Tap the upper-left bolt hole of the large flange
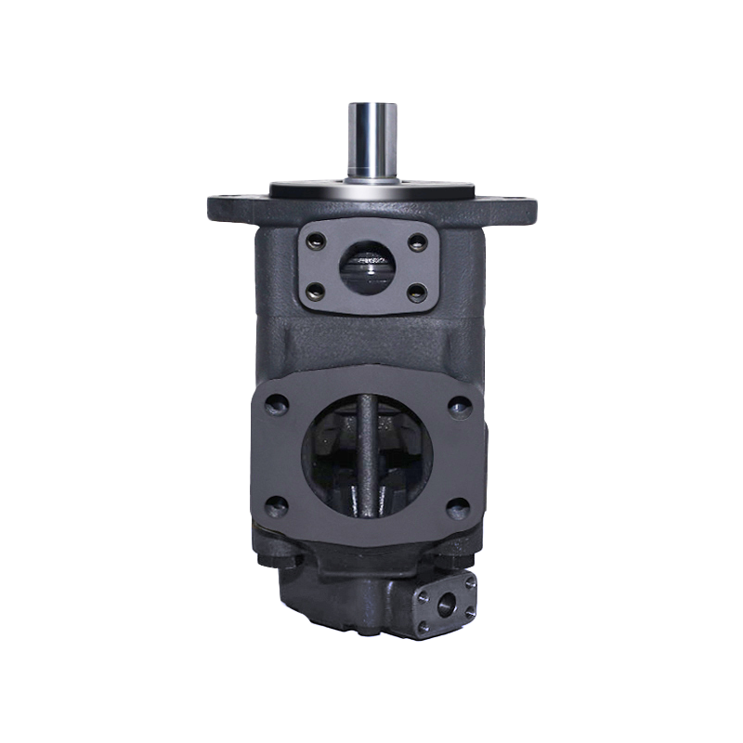pyautogui.click(x=274, y=406)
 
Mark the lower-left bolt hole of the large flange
pyautogui.click(x=274, y=505)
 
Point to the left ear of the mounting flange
pyautogui.click(x=228, y=206)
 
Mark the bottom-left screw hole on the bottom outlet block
pyautogui.click(x=424, y=628)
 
